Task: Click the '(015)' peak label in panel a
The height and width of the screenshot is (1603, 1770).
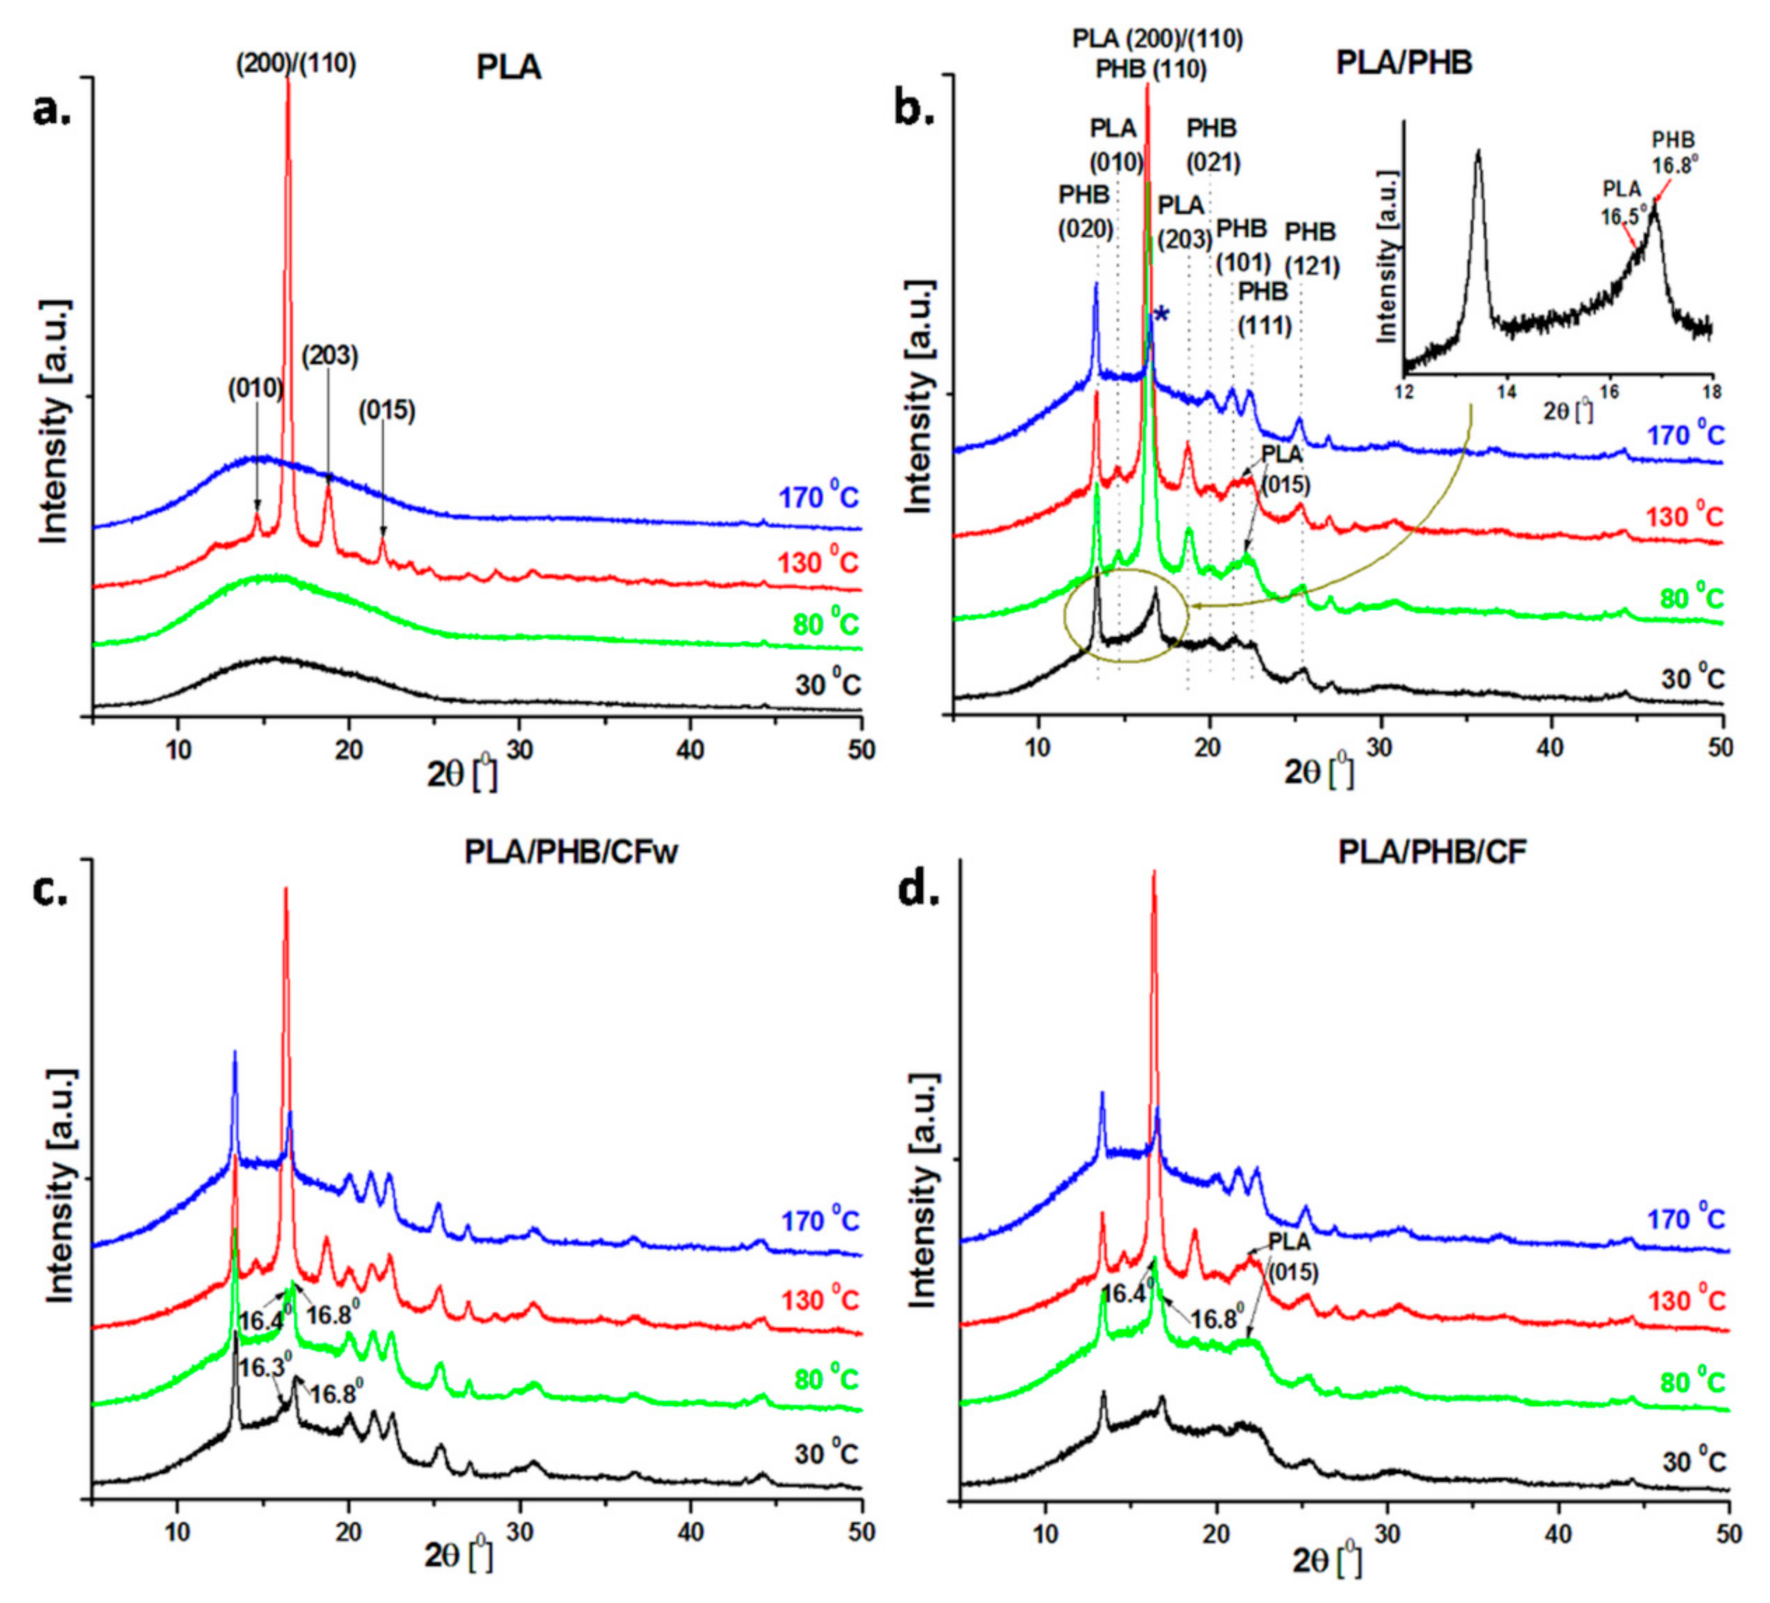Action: [386, 410]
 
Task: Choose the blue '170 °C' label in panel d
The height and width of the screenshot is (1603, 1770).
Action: [1685, 1219]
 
